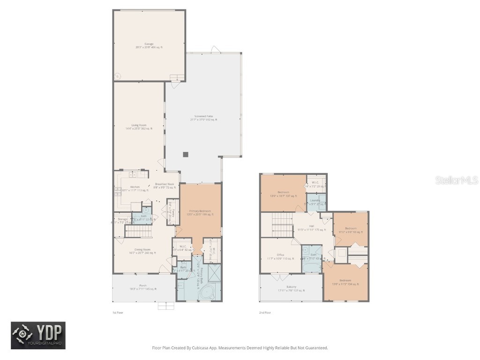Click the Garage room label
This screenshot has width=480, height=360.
click(149, 45)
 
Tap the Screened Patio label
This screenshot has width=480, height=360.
click(203, 118)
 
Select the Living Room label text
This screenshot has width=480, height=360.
click(139, 127)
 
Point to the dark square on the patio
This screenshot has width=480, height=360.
click(186, 154)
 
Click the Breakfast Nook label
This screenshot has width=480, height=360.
click(165, 186)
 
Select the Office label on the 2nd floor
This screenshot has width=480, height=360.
click(280, 256)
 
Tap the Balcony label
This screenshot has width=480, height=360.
click(291, 288)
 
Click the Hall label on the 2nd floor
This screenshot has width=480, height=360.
click(311, 228)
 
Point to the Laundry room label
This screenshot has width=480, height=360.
click(315, 202)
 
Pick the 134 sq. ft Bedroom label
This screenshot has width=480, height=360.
click(345, 283)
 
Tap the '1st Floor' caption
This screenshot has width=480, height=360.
click(118, 312)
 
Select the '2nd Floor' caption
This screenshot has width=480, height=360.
click(265, 312)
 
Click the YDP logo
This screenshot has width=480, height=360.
click(38, 336)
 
